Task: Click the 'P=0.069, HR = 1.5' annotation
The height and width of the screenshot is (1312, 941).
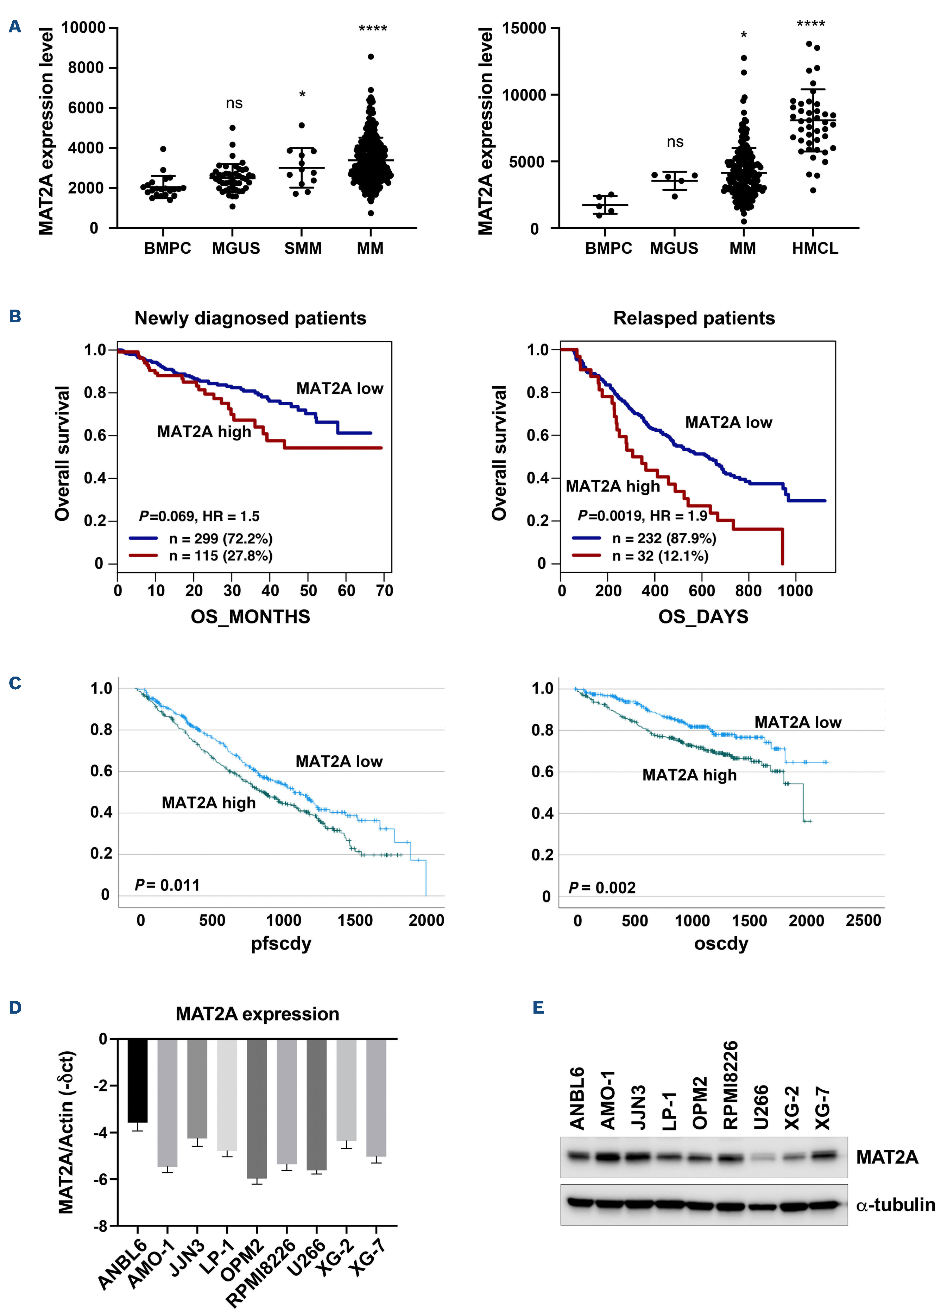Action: coord(199,516)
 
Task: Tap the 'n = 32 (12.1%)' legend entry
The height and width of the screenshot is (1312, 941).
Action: coord(660,556)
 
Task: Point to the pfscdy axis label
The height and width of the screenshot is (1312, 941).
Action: coord(281,944)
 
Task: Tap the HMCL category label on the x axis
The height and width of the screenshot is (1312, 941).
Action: coord(814,249)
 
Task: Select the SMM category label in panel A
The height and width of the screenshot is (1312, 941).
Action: coord(303,249)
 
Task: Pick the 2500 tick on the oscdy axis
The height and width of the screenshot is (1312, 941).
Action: coord(863,920)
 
